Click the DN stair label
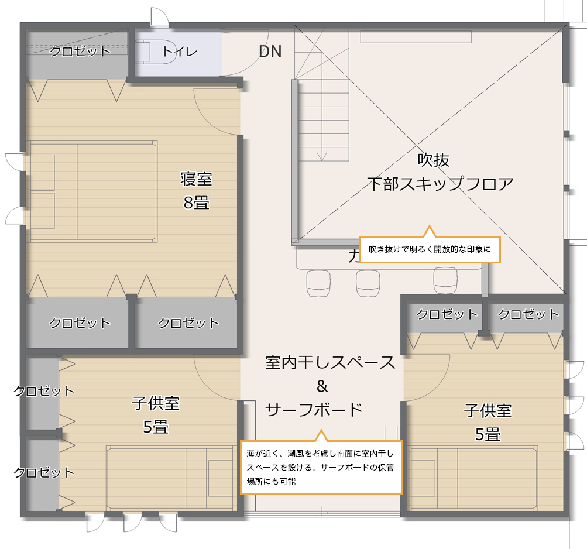pos(270,52)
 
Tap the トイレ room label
pos(179,52)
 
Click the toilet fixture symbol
pos(155,51)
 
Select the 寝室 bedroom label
pos(196,179)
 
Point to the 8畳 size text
pos(196,203)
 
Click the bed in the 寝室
pos(91,191)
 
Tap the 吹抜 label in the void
pos(433,160)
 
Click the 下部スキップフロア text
pos(440,184)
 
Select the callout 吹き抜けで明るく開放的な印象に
pos(430,249)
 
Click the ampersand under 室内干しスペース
pos(322,386)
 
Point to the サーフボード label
pos(314,410)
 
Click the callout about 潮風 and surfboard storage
pos(321,467)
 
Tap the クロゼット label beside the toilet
pos(80,52)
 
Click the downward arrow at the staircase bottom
pos(322,156)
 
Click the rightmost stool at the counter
pos(445,280)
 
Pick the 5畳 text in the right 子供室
pos(488,435)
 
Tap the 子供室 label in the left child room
pos(155,403)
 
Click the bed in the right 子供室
pos(472,478)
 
